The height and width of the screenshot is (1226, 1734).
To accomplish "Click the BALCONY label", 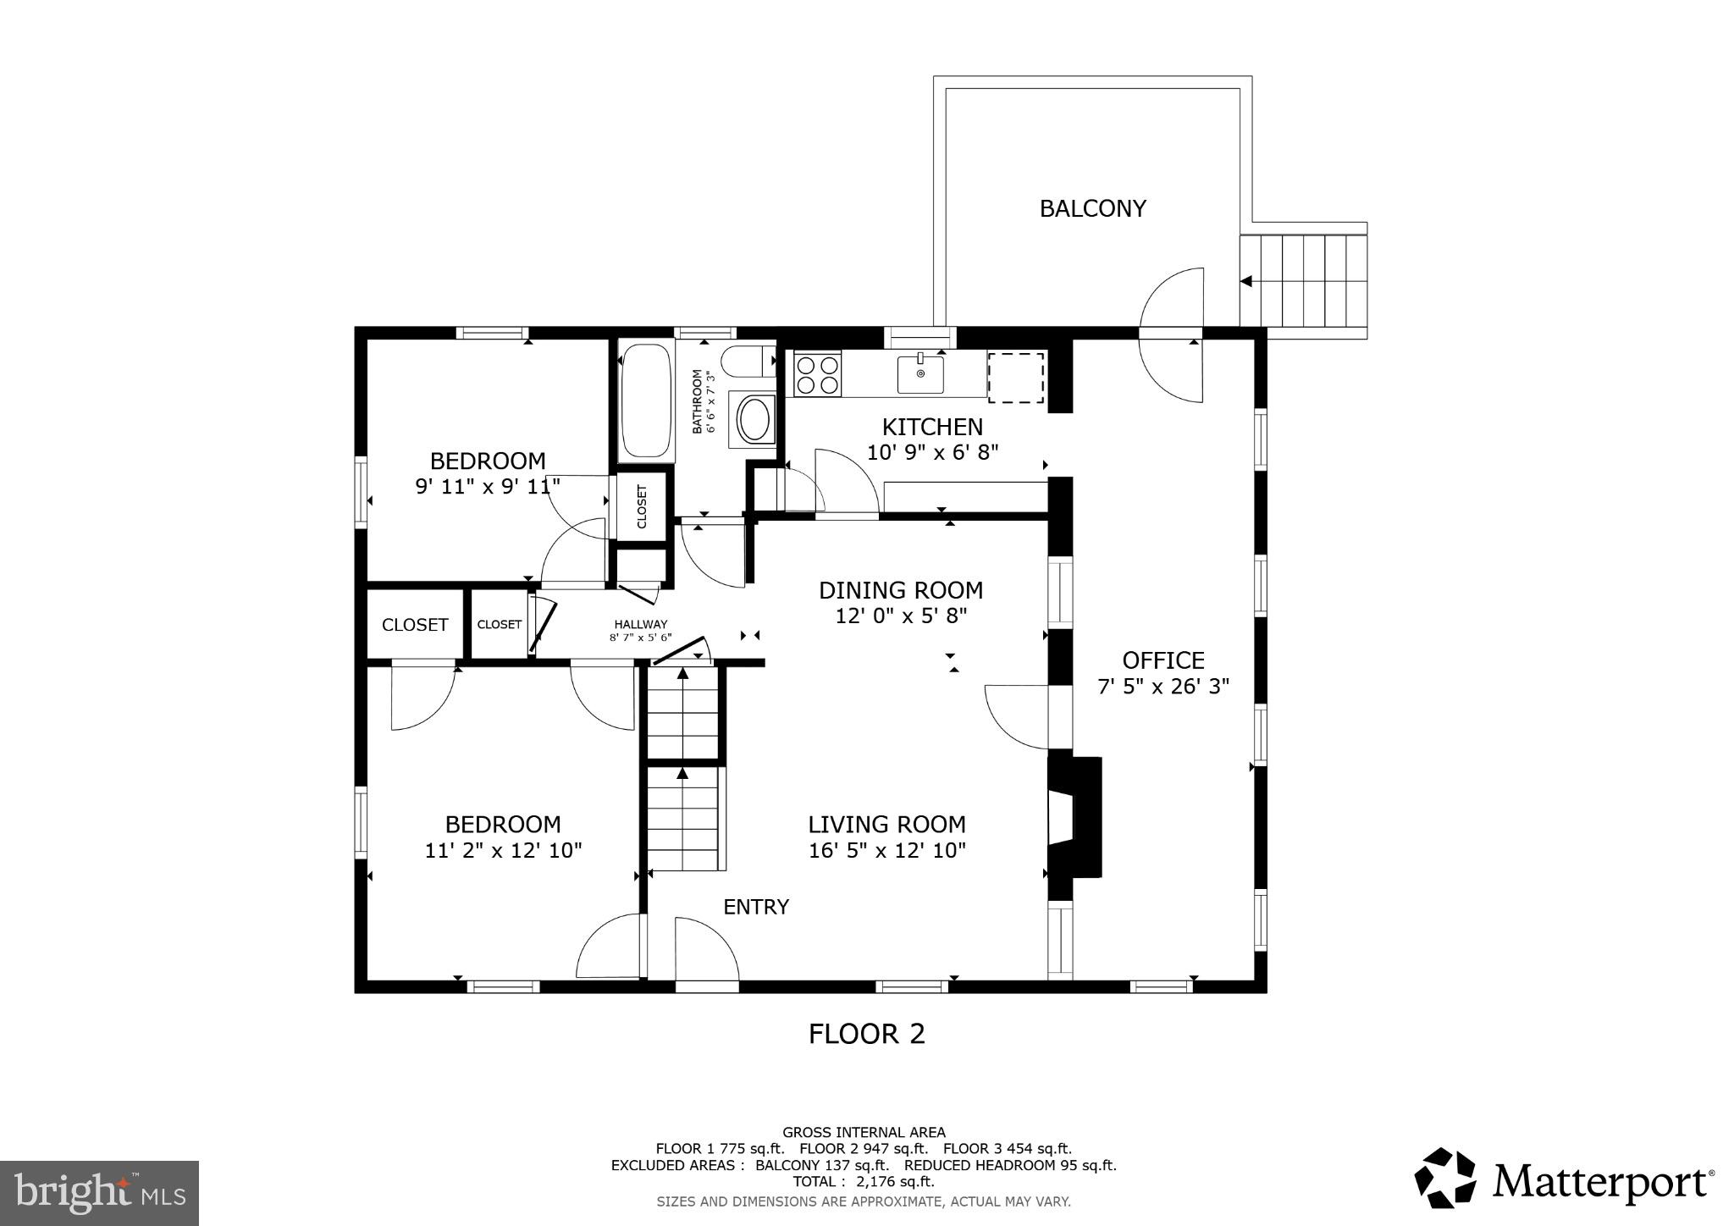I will [x=1092, y=208].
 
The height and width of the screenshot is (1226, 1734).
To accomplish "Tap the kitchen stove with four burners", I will [x=817, y=373].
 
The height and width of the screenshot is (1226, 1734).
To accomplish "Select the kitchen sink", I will [x=920, y=374].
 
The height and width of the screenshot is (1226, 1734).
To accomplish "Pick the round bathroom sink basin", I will [x=753, y=418].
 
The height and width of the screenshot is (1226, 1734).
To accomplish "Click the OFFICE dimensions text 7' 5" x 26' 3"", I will [x=1162, y=687].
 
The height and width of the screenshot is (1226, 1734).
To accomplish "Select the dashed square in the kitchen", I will [x=1015, y=378].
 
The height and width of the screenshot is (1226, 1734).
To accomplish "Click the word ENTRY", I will [x=755, y=907].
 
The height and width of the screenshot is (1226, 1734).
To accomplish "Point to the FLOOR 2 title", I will [x=866, y=1034].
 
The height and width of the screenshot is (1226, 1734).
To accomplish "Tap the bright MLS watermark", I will [x=100, y=1193].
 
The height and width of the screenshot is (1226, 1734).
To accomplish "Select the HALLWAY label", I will [x=640, y=624].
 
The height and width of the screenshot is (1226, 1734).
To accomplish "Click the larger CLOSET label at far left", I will [x=414, y=625].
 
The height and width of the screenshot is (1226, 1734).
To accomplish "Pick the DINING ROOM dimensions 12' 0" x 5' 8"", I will [x=901, y=616].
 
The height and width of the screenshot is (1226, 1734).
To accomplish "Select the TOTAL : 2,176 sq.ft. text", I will [x=863, y=1181].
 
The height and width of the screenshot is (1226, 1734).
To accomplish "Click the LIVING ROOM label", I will [x=886, y=824].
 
